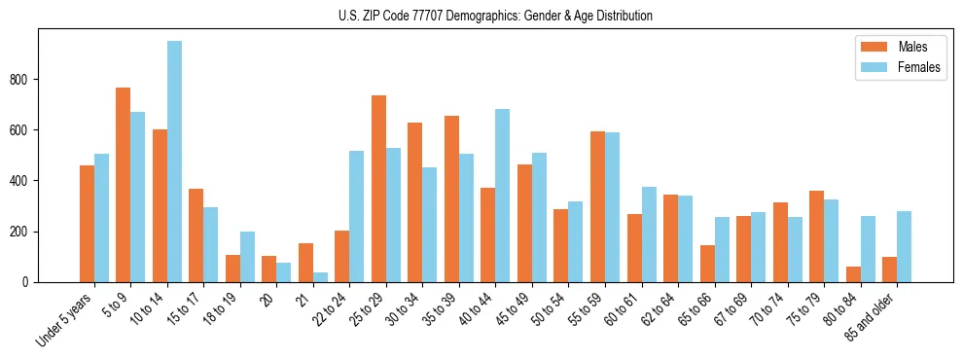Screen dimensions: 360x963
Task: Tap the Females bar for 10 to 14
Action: point(174,162)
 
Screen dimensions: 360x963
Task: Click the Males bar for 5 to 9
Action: point(124,185)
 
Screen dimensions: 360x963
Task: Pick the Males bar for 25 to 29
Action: point(378,189)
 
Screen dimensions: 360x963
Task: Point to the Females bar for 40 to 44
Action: point(503,196)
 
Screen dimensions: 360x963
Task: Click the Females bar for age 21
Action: point(320,277)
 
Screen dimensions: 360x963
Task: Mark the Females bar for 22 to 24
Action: point(357,216)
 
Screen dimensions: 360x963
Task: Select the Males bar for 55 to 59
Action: point(597,206)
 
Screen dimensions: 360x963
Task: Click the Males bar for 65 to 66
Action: point(707,264)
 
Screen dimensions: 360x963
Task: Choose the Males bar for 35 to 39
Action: point(451,198)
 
